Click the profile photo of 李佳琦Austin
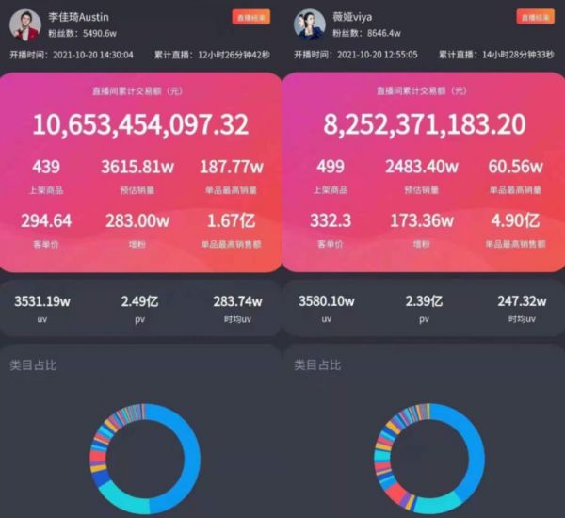point(26,23)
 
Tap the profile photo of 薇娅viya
point(309,23)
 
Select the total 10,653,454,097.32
point(141,124)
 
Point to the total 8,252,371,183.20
point(424,124)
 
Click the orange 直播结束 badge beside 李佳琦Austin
point(251,16)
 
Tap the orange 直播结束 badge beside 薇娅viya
point(536,16)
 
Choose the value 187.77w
point(231,168)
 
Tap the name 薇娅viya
point(353,16)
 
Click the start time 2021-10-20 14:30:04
point(94,55)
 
